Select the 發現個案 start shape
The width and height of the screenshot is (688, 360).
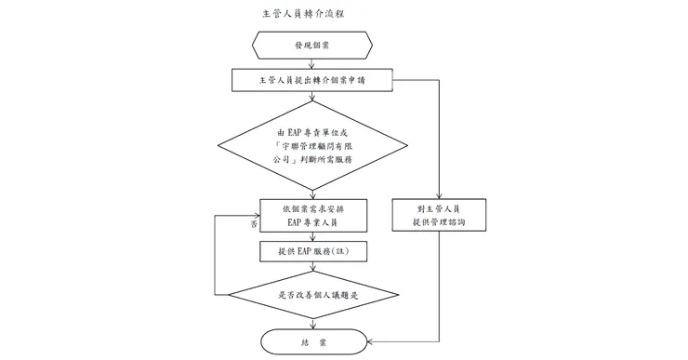pos(311,44)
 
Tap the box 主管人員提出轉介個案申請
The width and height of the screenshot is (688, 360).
pos(311,80)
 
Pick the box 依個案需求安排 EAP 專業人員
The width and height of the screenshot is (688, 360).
pos(311,215)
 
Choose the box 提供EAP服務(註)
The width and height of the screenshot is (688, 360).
pos(311,251)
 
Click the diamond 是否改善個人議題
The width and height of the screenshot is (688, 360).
pos(311,296)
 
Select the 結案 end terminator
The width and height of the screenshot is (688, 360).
pos(311,342)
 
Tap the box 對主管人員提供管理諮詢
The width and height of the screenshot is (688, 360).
pos(440,215)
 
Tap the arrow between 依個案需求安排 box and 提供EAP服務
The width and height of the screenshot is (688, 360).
pos(311,235)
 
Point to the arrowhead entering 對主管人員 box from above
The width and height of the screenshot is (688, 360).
pos(440,196)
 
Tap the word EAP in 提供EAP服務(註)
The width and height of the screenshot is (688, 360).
pos(303,251)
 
